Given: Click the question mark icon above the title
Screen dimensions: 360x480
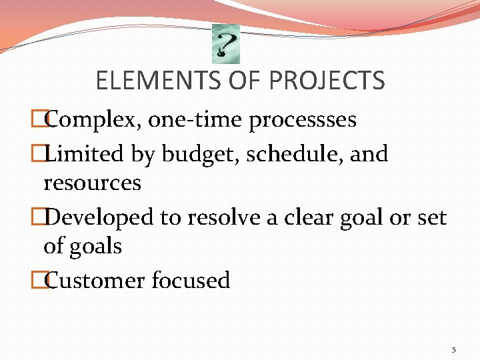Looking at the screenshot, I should point(225,44).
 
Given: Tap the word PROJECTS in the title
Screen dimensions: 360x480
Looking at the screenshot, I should point(327,81).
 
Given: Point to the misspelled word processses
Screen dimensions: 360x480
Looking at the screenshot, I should point(303,120).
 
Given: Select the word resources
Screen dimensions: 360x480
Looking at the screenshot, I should point(92,183).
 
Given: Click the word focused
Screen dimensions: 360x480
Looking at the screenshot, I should point(191,280).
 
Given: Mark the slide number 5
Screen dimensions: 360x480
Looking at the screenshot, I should point(453,349).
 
